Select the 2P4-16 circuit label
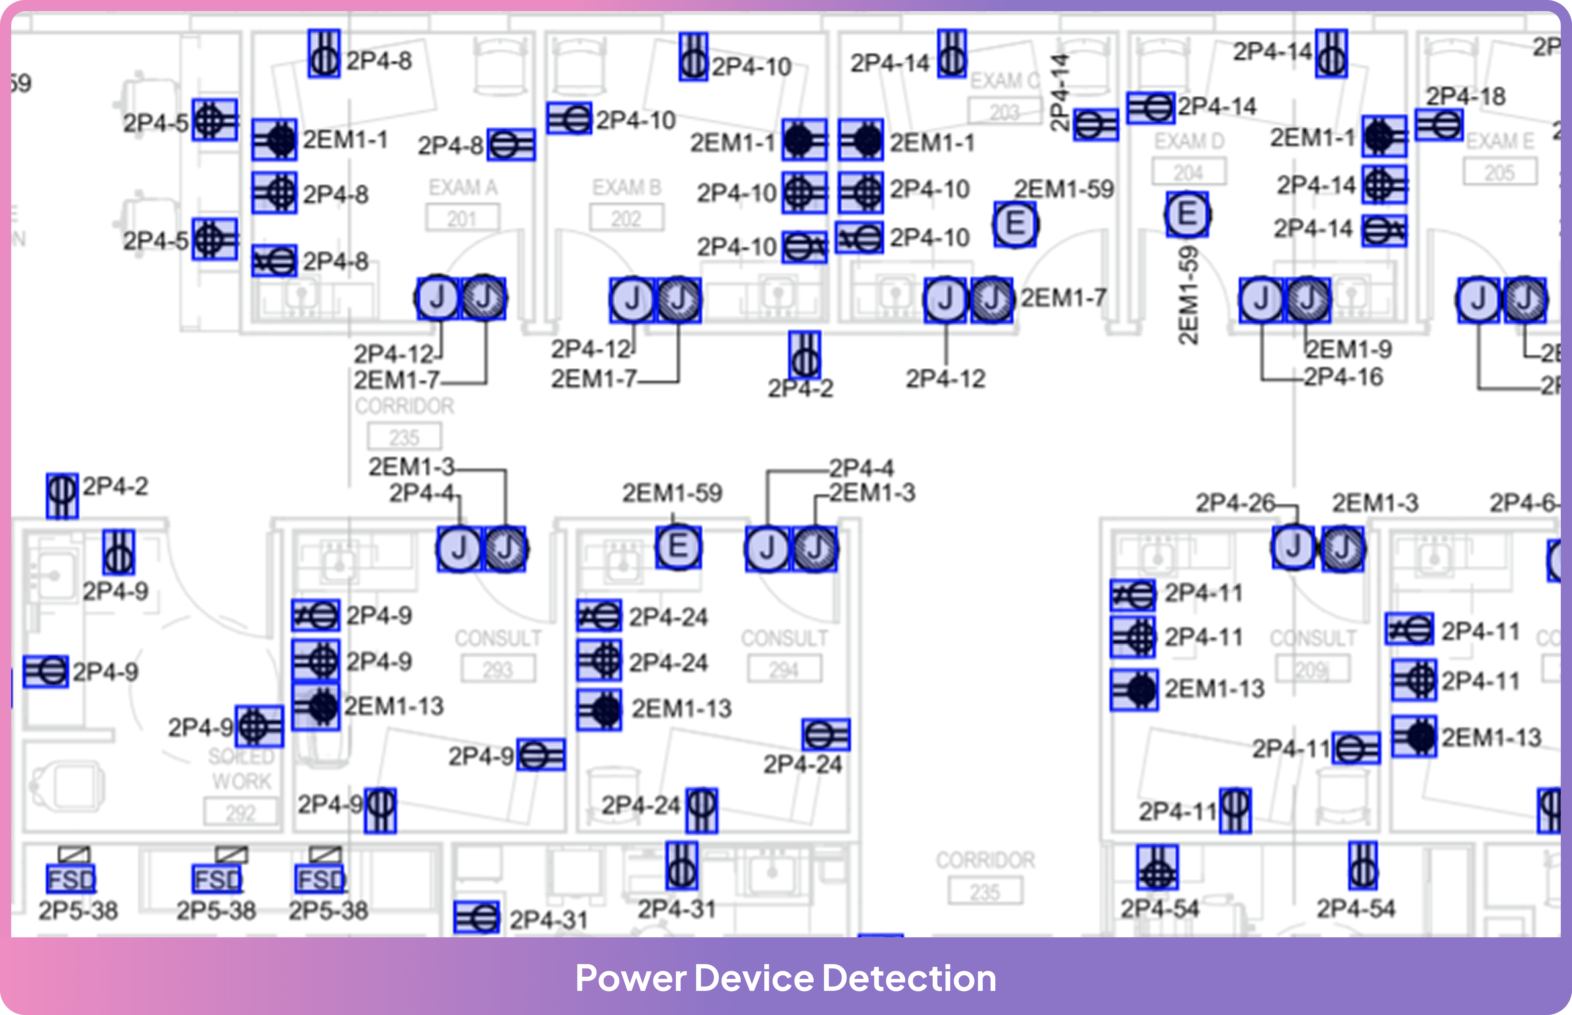click(x=1343, y=377)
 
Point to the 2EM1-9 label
click(x=1349, y=349)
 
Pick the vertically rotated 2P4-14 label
click(x=1058, y=92)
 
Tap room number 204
click(x=1188, y=173)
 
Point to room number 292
click(x=240, y=813)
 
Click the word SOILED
click(x=241, y=757)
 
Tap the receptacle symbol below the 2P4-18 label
click(x=1439, y=125)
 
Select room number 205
click(x=1500, y=173)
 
